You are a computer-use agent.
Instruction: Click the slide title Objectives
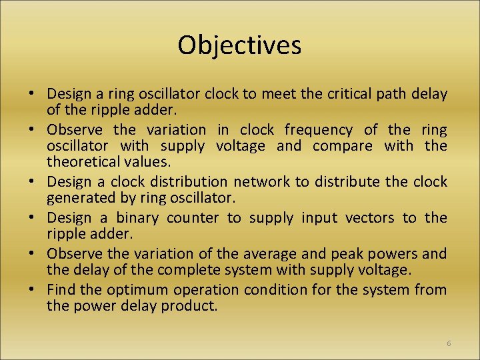239,45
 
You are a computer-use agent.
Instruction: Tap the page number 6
449,343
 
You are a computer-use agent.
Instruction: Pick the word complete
179,270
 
